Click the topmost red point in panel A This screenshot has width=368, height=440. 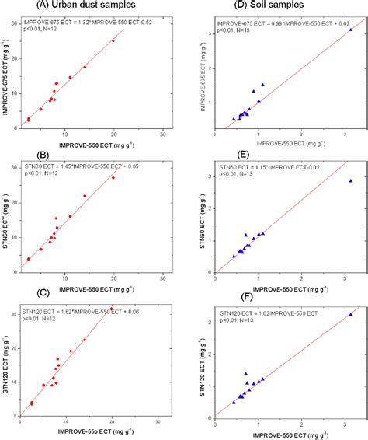point(113,40)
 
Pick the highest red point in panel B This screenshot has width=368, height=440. point(113,177)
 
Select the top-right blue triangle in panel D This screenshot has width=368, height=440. point(350,30)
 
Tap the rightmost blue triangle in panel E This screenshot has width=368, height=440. point(350,180)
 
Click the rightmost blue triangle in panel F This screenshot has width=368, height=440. point(350,314)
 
